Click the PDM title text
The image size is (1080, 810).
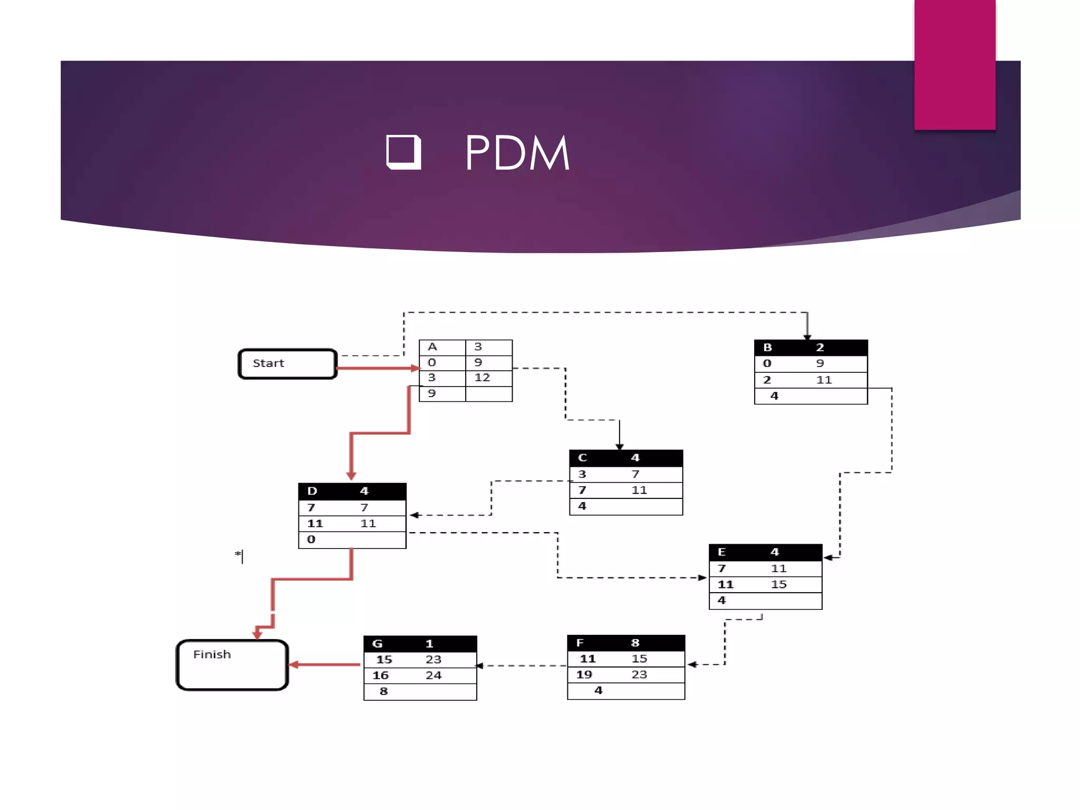[517, 153]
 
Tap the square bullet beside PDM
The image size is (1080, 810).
[403, 152]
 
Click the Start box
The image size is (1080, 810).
[287, 363]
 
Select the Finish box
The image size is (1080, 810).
[232, 665]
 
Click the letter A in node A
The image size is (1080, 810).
[432, 347]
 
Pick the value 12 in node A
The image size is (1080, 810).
[482, 378]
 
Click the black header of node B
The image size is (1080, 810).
[811, 348]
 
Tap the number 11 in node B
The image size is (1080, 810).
[824, 380]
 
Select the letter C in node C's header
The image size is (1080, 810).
[582, 458]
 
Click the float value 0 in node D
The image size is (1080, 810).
[311, 539]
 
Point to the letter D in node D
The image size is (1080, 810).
[312, 491]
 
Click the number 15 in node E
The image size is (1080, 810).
[778, 584]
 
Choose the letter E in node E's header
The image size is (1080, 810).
[722, 552]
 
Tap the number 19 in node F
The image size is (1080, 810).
[584, 674]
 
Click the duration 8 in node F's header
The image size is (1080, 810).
[635, 643]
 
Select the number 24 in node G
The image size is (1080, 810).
[433, 676]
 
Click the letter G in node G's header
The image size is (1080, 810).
[377, 644]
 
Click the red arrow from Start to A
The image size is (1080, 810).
[377, 368]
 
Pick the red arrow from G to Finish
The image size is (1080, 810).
[325, 664]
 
